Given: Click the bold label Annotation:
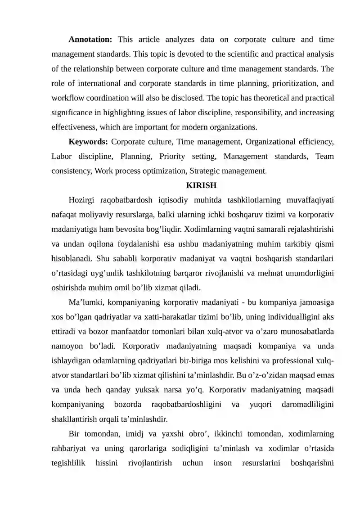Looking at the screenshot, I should click(90, 40).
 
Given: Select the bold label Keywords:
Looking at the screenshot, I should click(88, 142).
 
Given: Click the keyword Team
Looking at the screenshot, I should click(324, 157).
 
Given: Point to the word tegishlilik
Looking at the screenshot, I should click(68, 463).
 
